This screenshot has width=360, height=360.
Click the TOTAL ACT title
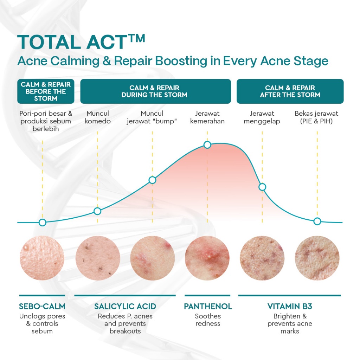point(81,42)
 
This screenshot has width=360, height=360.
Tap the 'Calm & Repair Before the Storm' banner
point(46,91)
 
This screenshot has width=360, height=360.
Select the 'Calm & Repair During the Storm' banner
point(155,91)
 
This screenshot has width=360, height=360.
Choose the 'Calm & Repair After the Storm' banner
point(290,91)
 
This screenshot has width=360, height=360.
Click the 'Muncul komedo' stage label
point(98,117)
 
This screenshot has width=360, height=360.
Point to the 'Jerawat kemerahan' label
point(207,117)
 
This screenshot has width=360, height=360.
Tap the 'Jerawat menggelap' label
point(262,117)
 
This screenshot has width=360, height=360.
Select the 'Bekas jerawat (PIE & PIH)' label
point(316,117)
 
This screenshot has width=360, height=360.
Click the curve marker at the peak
point(207,145)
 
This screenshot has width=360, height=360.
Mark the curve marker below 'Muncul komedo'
point(97,211)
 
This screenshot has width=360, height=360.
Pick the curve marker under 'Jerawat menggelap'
point(262,187)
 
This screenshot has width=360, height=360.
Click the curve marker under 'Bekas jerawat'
point(317,221)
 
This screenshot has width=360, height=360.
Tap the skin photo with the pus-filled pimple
point(207,258)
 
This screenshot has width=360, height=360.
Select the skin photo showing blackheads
point(98,258)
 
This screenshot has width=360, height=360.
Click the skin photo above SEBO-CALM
point(42,258)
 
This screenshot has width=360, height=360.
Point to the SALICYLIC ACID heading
point(125,306)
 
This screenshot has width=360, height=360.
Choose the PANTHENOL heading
point(208,306)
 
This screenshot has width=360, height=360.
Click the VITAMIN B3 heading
point(290,306)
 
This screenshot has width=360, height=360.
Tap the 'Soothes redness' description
point(208,320)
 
